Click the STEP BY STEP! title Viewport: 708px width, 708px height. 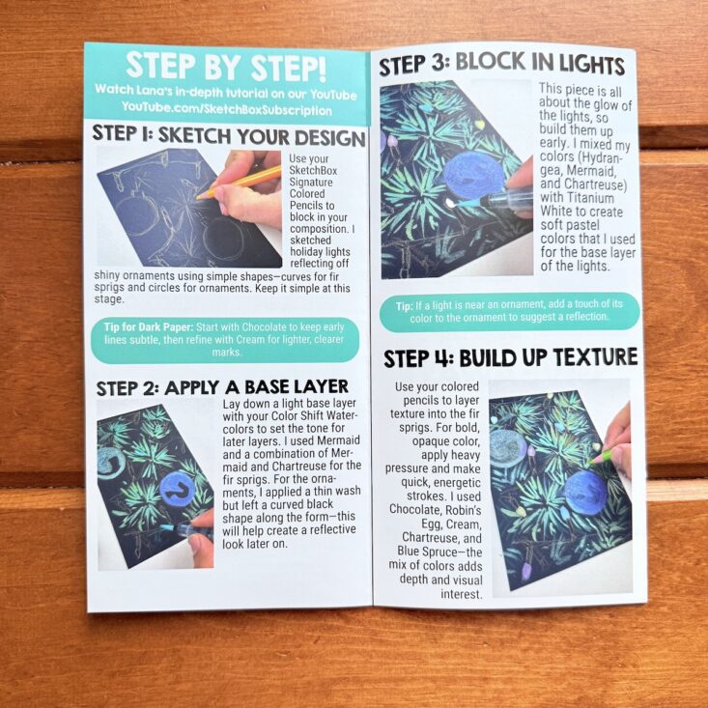click(x=226, y=66)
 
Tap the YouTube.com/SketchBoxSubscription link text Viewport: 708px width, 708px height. click(x=226, y=109)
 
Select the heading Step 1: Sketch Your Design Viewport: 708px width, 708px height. click(x=229, y=135)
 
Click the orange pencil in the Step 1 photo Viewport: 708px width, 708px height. click(x=239, y=182)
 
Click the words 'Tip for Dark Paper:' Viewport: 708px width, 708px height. click(x=149, y=326)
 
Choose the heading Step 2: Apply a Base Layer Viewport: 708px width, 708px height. click(x=222, y=387)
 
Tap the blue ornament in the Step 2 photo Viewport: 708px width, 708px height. click(x=178, y=489)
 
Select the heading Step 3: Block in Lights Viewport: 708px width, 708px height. click(x=501, y=63)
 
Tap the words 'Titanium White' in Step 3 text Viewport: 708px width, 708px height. click(x=581, y=205)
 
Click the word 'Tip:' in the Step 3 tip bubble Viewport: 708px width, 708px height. click(x=404, y=306)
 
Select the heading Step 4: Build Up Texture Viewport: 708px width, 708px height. click(x=510, y=358)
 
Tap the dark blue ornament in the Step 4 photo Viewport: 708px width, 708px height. click(x=585, y=493)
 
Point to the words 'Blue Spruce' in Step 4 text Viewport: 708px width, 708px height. click(x=427, y=552)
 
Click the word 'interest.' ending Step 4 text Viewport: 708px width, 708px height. click(x=462, y=594)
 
